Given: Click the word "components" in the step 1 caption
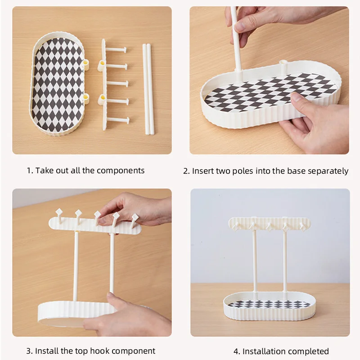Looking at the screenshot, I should pyautogui.click(x=121, y=171).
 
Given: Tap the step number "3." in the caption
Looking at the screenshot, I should pyautogui.click(x=29, y=351).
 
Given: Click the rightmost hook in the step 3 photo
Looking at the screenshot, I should pyautogui.click(x=135, y=219).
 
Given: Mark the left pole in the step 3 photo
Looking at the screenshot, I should pyautogui.click(x=76, y=265).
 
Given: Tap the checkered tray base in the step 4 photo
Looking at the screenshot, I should pyautogui.click(x=269, y=306).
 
